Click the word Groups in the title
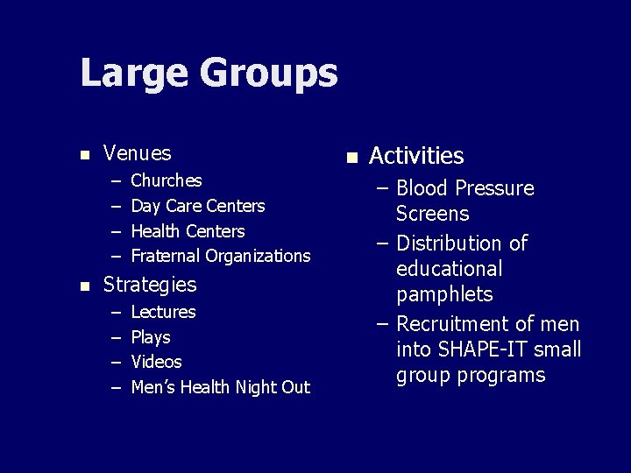(x=268, y=74)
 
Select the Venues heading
(x=137, y=153)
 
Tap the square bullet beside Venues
(x=84, y=155)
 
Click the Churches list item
(x=166, y=180)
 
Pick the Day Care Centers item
(x=197, y=206)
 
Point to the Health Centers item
(x=188, y=231)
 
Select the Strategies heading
(x=150, y=285)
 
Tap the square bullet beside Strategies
(x=84, y=286)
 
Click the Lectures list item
(x=163, y=312)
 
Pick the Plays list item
(x=150, y=337)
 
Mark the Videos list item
(x=156, y=362)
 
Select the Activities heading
(x=416, y=156)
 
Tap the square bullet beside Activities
(x=351, y=158)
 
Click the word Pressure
(x=493, y=188)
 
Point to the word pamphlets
(x=444, y=294)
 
